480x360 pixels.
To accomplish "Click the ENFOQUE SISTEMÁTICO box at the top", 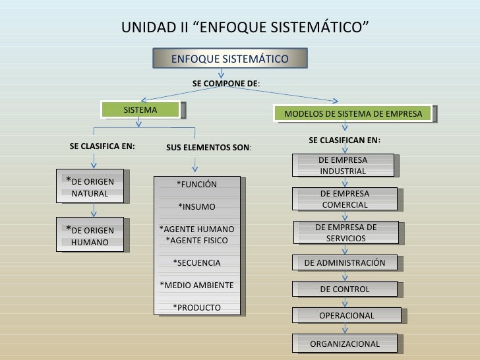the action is click(x=229, y=59).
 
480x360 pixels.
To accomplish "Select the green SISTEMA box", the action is click(x=140, y=110).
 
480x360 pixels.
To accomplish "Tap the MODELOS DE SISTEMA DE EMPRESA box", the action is click(x=353, y=114).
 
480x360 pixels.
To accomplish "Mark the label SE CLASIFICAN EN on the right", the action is click(x=344, y=140).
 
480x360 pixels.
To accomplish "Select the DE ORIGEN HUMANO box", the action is click(x=92, y=235).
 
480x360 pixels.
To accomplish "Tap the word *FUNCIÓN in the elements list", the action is click(x=196, y=184).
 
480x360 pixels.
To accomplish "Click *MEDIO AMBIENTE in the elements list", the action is click(x=196, y=285).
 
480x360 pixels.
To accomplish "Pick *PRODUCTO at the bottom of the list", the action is click(x=196, y=307).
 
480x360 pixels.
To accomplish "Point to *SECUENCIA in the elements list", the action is click(x=196, y=263).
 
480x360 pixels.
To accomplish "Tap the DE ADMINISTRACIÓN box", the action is click(x=345, y=263).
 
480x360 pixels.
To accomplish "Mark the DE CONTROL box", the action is click(x=345, y=289).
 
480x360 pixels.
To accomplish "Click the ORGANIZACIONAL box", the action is click(x=345, y=344).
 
